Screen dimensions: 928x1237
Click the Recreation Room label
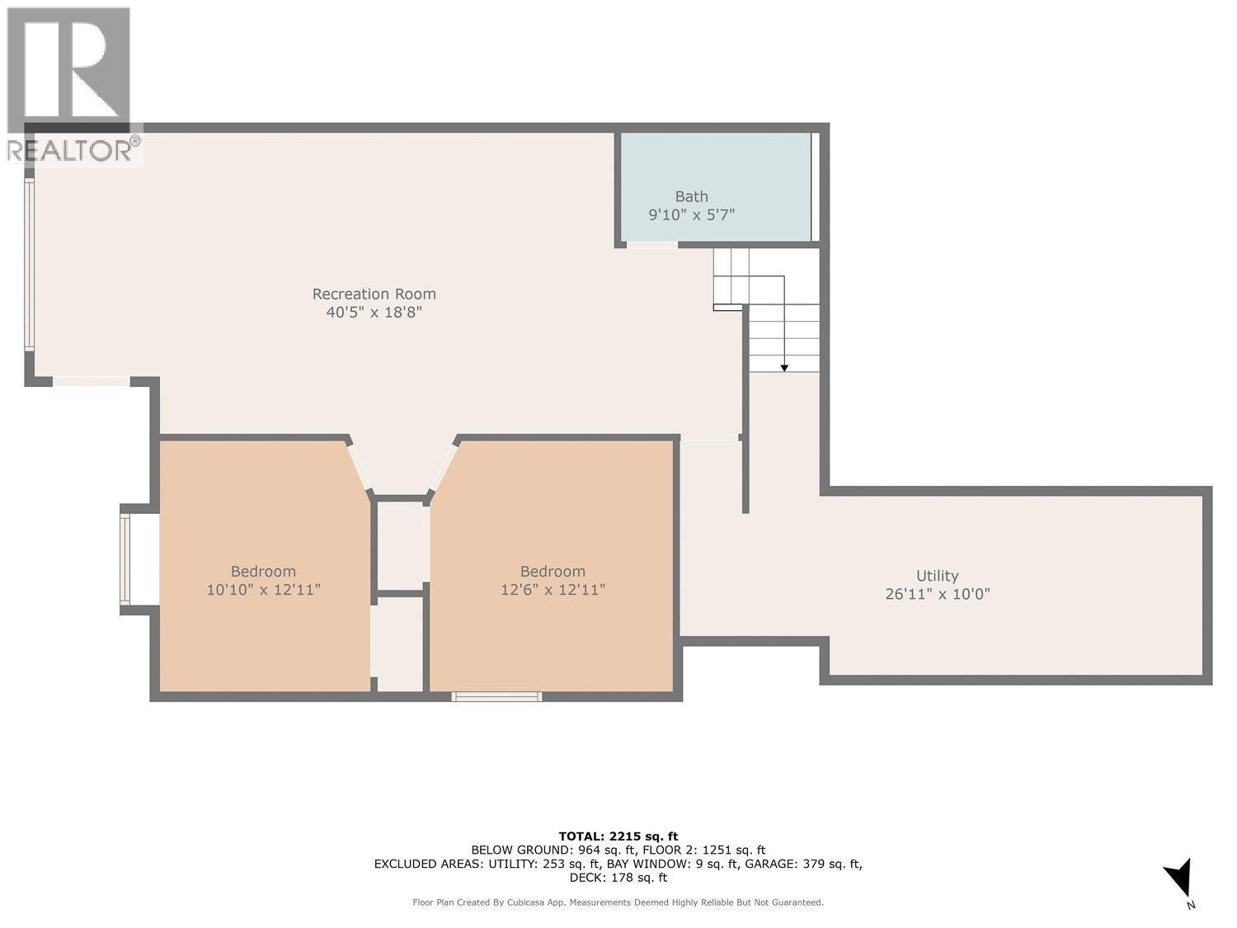[374, 294]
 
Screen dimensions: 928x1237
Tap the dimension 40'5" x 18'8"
[374, 313]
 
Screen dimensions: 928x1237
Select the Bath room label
[691, 196]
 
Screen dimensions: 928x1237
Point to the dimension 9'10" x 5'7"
[691, 215]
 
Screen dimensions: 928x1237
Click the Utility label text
[937, 576]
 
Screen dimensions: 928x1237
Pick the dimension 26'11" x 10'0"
[937, 594]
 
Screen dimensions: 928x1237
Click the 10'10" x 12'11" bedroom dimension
[263, 590]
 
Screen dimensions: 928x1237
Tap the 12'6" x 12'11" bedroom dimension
[553, 590]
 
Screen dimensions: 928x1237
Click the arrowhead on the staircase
[783, 367]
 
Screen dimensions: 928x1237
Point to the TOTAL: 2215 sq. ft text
[618, 836]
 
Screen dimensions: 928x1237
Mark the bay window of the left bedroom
[125, 559]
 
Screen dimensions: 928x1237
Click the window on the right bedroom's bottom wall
[496, 697]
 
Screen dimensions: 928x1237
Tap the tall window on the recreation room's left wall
[30, 265]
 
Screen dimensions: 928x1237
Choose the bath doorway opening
[651, 244]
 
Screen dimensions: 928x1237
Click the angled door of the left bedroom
[359, 469]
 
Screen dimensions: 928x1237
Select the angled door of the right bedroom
[444, 469]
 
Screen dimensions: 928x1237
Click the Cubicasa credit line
[618, 902]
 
